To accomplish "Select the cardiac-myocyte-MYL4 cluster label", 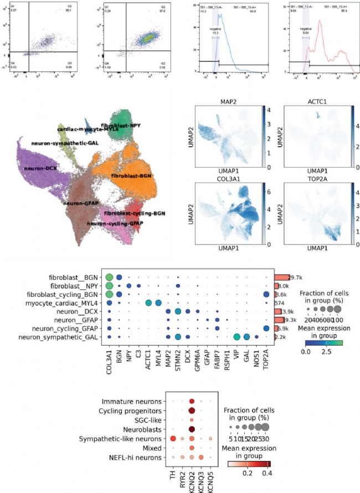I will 88,129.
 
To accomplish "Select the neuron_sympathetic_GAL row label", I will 59,336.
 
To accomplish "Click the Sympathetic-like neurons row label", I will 125,439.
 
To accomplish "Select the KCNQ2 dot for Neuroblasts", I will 192,429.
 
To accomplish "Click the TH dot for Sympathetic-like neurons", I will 173,439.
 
